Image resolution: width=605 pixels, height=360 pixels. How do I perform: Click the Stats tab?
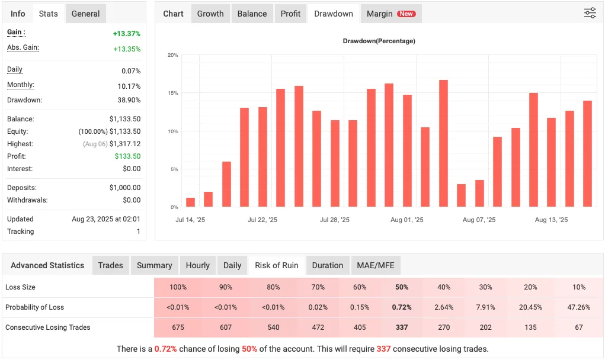coord(48,14)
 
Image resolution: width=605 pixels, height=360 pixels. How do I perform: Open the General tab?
coord(86,14)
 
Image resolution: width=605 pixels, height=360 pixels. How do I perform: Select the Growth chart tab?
coord(210,14)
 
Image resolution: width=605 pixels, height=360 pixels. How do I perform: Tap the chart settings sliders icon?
coord(590,13)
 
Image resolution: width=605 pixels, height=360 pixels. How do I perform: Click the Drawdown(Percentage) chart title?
coord(379,41)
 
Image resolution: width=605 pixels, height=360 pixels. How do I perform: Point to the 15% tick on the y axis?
coord(172,93)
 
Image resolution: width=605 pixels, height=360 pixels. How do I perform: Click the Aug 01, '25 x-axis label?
coord(407,220)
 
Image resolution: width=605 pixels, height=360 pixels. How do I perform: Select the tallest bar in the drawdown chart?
coord(443,143)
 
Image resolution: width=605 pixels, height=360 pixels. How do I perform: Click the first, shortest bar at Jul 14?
coord(190,202)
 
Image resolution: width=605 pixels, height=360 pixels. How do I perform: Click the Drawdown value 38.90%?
coord(130,100)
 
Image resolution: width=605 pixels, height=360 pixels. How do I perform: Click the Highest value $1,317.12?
coord(125,144)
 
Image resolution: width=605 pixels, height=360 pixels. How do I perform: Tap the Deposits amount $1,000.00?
coord(125,188)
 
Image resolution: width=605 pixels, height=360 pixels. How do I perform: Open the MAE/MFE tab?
coord(376,265)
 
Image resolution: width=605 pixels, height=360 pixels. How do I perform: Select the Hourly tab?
coord(197,265)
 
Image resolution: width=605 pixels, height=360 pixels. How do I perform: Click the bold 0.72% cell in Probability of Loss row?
coord(401,307)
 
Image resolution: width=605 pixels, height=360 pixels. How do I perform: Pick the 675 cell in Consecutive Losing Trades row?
coord(178,327)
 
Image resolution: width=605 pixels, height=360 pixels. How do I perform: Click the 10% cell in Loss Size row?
coord(578,287)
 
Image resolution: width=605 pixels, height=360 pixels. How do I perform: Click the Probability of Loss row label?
coord(34,307)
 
